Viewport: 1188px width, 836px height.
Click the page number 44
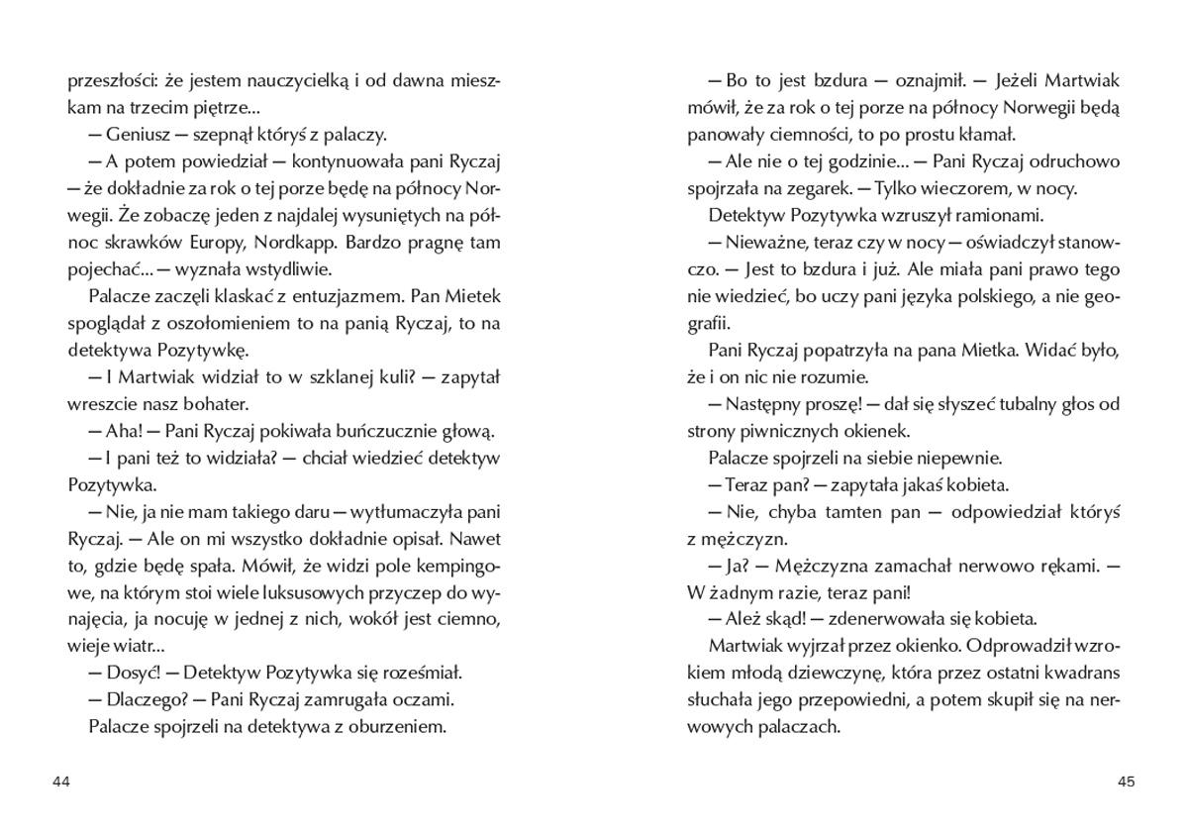point(61,782)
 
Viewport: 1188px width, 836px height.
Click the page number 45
point(1126,782)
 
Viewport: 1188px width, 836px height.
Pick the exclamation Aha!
point(125,431)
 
